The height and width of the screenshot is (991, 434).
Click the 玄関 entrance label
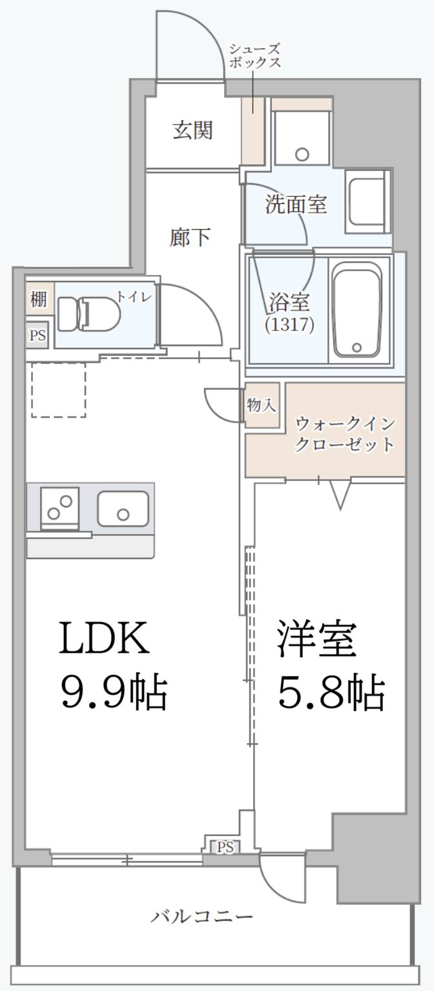click(x=192, y=131)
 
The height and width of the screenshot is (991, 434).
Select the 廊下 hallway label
click(x=190, y=238)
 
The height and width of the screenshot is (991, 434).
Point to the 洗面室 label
click(x=296, y=205)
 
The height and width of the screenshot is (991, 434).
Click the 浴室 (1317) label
click(x=289, y=312)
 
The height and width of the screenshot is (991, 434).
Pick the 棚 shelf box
click(x=38, y=300)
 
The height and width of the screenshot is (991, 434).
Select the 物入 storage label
click(x=262, y=405)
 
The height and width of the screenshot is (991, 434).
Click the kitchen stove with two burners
click(x=59, y=507)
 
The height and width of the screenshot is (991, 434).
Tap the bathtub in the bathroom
click(x=357, y=310)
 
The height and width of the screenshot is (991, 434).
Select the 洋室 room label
click(x=316, y=639)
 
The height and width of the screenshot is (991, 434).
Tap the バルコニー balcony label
click(x=202, y=916)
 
